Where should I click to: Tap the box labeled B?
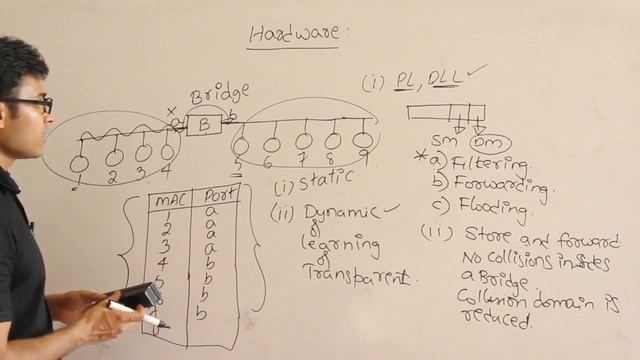(x=204, y=125)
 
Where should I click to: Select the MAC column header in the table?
(x=164, y=199)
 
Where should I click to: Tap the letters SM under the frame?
(x=443, y=141)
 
